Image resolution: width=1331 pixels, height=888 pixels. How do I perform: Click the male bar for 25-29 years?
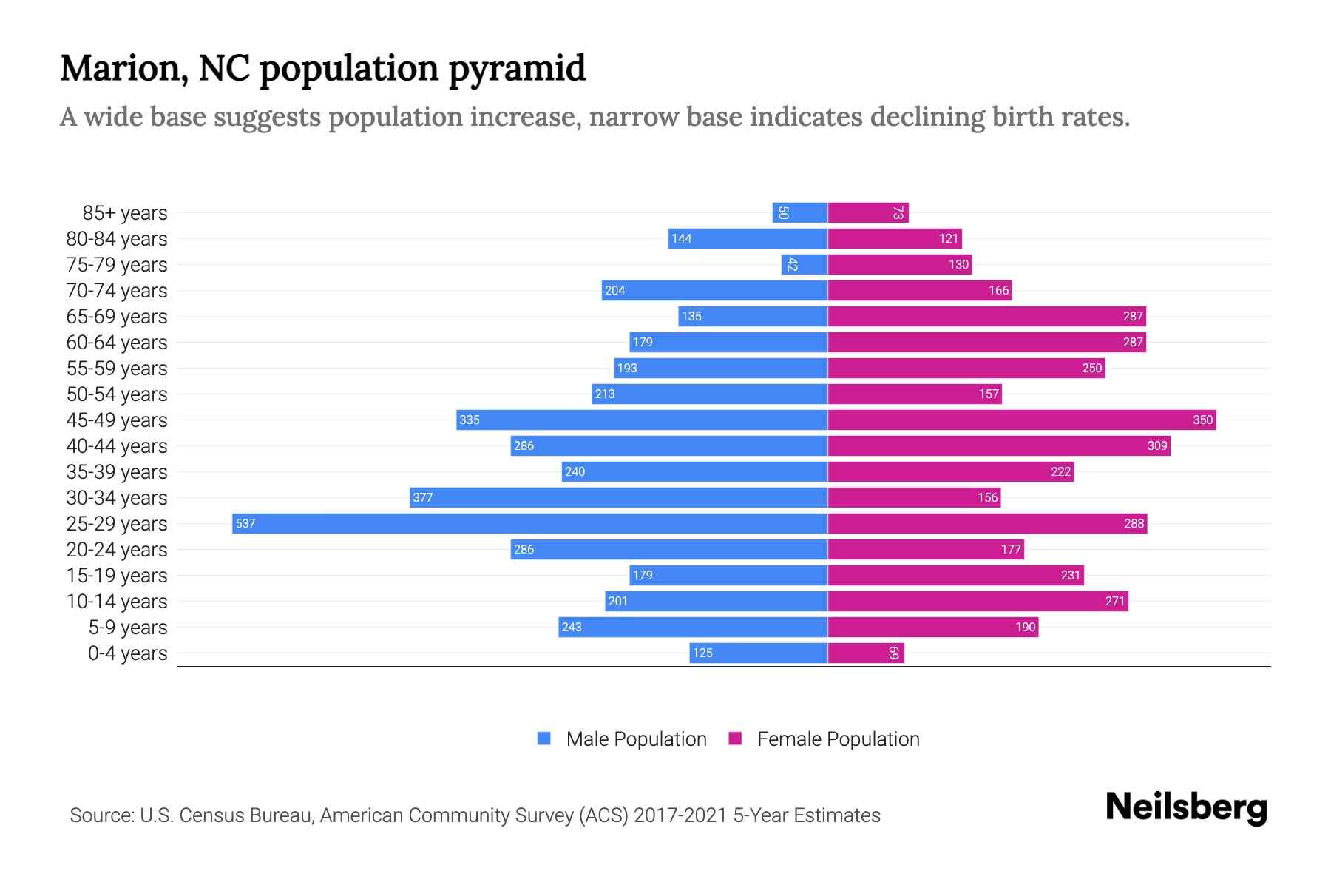point(529,524)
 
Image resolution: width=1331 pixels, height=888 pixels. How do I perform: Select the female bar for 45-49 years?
point(1021,420)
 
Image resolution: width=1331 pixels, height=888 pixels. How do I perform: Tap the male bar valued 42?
point(804,265)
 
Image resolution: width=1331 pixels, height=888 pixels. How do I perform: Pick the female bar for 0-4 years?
point(865,653)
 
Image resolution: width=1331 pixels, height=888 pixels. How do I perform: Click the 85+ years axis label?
point(125,213)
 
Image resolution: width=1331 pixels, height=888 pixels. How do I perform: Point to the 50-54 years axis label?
point(117,394)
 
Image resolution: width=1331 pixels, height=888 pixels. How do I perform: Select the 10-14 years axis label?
point(117,602)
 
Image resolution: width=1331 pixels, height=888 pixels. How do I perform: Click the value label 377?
point(423,498)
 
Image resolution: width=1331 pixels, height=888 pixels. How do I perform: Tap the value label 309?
point(1156,446)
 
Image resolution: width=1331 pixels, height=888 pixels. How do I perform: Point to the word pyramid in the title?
point(517,68)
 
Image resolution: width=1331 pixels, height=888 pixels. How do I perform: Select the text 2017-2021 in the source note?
point(680,815)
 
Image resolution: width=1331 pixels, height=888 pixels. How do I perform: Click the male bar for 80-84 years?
point(748,239)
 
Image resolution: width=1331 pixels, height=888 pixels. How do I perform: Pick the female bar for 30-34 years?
point(914,498)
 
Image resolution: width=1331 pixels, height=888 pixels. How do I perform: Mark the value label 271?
point(1114,602)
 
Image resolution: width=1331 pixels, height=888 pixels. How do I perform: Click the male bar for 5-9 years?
point(693,628)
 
